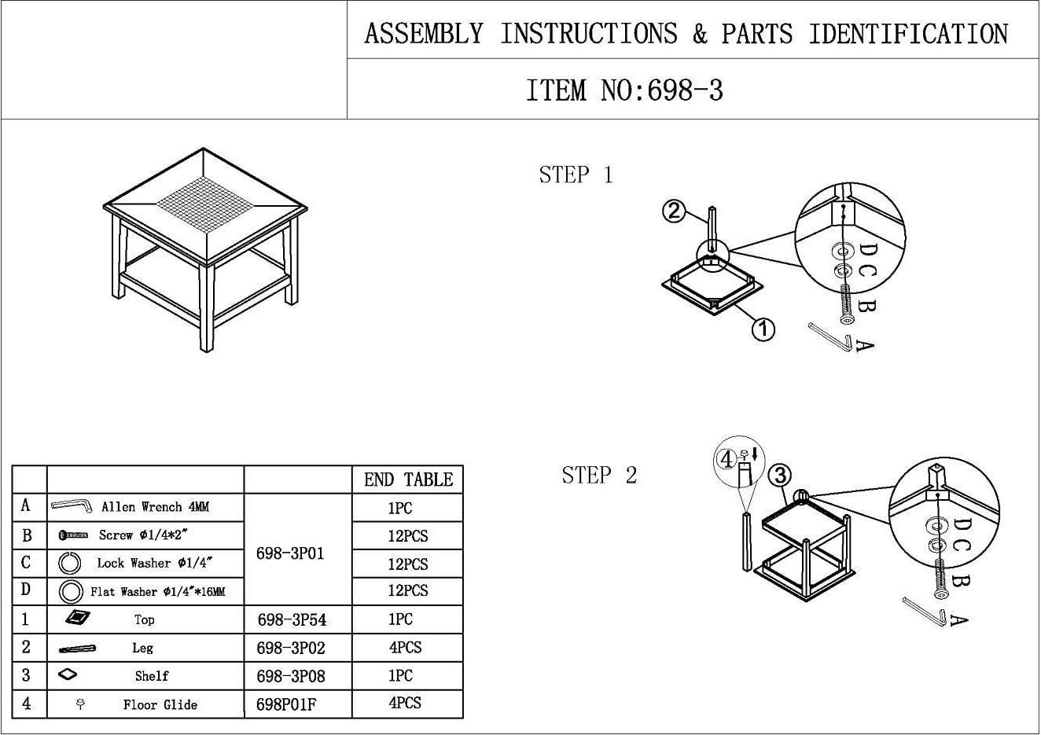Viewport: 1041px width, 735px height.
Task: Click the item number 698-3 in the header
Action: [x=624, y=90]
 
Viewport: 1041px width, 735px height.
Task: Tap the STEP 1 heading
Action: [x=576, y=175]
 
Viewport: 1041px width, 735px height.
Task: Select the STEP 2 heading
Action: [x=599, y=475]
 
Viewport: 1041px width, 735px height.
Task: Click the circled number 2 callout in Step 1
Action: [x=674, y=211]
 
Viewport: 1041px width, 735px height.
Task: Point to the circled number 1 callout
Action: [x=763, y=329]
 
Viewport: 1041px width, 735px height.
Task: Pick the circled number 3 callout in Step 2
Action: [x=779, y=475]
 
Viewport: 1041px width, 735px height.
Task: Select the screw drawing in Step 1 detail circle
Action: [x=846, y=305]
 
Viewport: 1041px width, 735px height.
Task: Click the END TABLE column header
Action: [x=408, y=480]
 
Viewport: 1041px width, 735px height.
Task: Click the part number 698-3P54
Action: [x=292, y=620]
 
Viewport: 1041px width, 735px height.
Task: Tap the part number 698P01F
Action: [x=286, y=704]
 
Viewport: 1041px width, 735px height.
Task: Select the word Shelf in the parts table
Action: [x=152, y=676]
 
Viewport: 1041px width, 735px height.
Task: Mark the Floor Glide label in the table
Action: [x=160, y=704]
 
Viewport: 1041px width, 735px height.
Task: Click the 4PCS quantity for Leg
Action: [x=405, y=648]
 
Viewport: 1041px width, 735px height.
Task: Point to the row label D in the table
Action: [x=26, y=590]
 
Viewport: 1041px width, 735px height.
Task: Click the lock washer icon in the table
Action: [x=71, y=563]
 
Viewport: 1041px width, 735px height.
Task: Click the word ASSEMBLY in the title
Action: [x=424, y=34]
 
